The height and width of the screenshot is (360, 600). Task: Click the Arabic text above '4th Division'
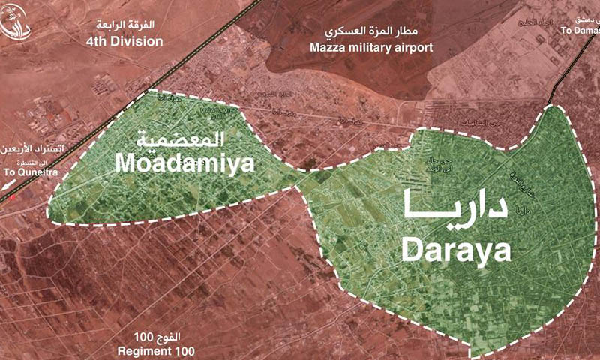click(134, 24)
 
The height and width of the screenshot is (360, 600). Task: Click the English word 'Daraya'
click(456, 247)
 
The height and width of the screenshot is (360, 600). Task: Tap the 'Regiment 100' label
click(154, 350)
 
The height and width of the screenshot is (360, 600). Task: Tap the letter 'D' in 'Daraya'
click(414, 247)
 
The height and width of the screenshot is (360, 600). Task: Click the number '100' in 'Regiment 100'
click(182, 350)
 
